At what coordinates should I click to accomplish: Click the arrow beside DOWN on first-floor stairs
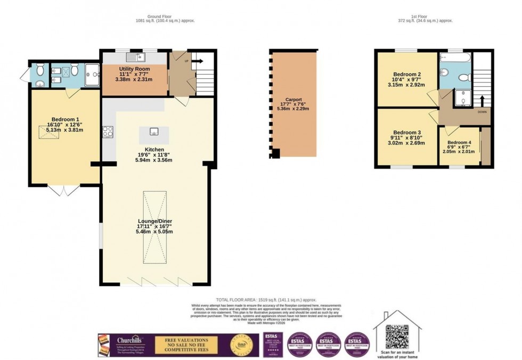tap(482, 101)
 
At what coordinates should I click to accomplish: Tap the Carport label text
tap(293, 100)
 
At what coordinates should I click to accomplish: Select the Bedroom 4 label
tap(459, 143)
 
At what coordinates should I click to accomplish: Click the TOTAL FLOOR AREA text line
tap(266, 300)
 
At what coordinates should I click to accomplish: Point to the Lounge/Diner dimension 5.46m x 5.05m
tap(154, 232)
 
